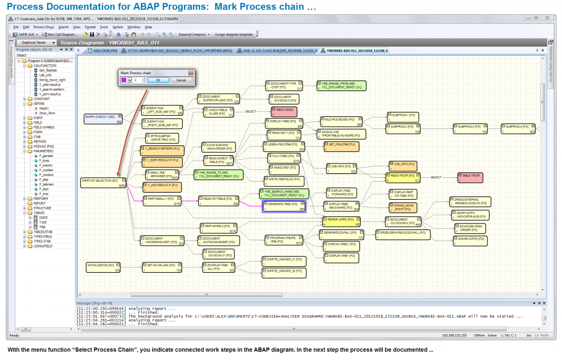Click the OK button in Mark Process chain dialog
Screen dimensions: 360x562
[x=158, y=80]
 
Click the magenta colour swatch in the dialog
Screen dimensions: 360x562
[x=124, y=80]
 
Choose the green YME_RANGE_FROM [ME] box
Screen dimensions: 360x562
[x=340, y=85]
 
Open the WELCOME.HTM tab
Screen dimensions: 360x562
[x=105, y=50]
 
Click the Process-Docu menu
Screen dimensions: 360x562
[x=43, y=27]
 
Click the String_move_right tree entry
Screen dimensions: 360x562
[x=52, y=80]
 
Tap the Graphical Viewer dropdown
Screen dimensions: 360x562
[x=36, y=42]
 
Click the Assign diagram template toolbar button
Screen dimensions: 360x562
[x=234, y=34]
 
